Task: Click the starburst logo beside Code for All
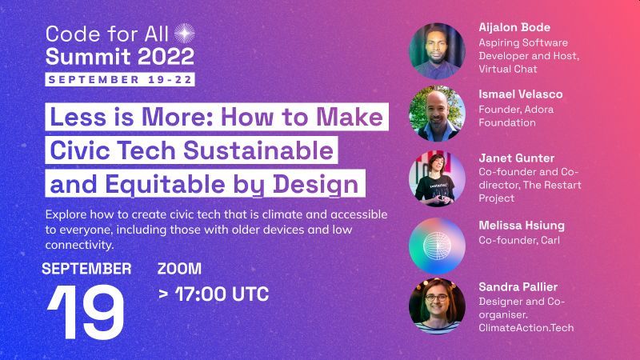[185, 34]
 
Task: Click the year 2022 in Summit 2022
[166, 56]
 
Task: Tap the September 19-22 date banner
[120, 79]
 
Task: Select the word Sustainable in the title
[258, 150]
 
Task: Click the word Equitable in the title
[166, 184]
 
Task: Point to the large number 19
[86, 312]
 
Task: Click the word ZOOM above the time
[179, 269]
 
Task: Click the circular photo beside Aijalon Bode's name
[437, 51]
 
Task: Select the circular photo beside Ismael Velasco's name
[437, 114]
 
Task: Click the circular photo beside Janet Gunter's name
[437, 178]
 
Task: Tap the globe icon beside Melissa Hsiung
[437, 246]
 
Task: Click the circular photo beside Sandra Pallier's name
[437, 306]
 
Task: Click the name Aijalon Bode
[514, 27]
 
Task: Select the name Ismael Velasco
[521, 94]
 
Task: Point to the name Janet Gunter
[517, 158]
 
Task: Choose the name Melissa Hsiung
[522, 226]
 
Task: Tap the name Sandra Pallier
[518, 287]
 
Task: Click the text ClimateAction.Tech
[526, 328]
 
